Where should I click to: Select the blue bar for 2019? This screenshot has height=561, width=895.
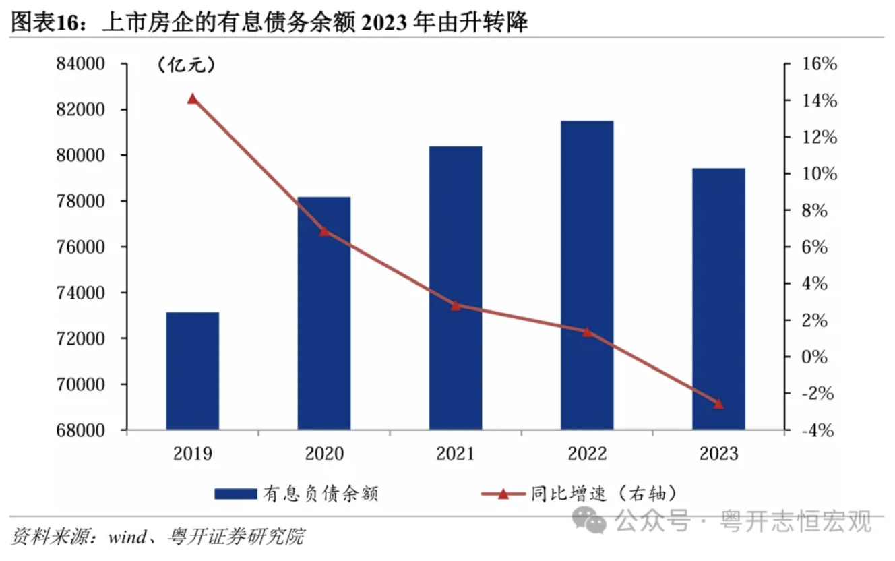[193, 370]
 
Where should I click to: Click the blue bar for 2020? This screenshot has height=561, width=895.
[324, 313]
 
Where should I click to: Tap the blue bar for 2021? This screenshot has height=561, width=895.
[456, 287]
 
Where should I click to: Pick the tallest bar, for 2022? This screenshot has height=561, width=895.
[587, 274]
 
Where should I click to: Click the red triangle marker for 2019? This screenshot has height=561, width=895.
[193, 99]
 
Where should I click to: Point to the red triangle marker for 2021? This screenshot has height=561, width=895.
[456, 305]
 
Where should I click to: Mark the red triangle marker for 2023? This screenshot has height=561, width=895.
[718, 404]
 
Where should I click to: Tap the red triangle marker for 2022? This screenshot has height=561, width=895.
[587, 332]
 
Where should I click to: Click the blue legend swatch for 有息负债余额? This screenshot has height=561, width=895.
[235, 494]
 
